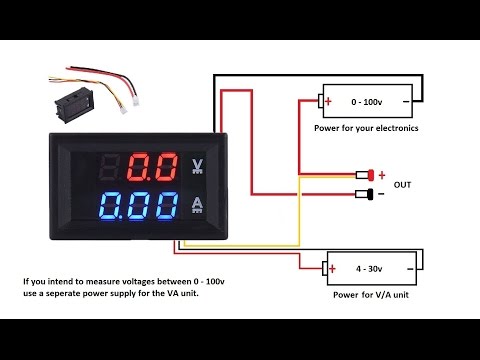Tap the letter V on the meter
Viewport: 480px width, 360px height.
coord(198,164)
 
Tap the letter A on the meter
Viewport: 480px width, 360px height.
coord(198,206)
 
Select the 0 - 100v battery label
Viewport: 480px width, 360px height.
coord(366,102)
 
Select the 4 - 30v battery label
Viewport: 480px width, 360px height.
coord(369,268)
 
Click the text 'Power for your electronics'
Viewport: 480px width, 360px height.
coord(366,129)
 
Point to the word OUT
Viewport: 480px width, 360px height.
coord(403,185)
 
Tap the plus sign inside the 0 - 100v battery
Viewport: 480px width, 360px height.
coord(328,102)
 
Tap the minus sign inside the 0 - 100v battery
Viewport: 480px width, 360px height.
coord(405,102)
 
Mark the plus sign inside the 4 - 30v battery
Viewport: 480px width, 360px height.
coord(331,268)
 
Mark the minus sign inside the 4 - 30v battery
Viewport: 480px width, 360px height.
coord(408,268)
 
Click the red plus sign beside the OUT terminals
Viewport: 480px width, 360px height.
coord(382,174)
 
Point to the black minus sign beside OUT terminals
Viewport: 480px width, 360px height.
coord(382,194)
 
